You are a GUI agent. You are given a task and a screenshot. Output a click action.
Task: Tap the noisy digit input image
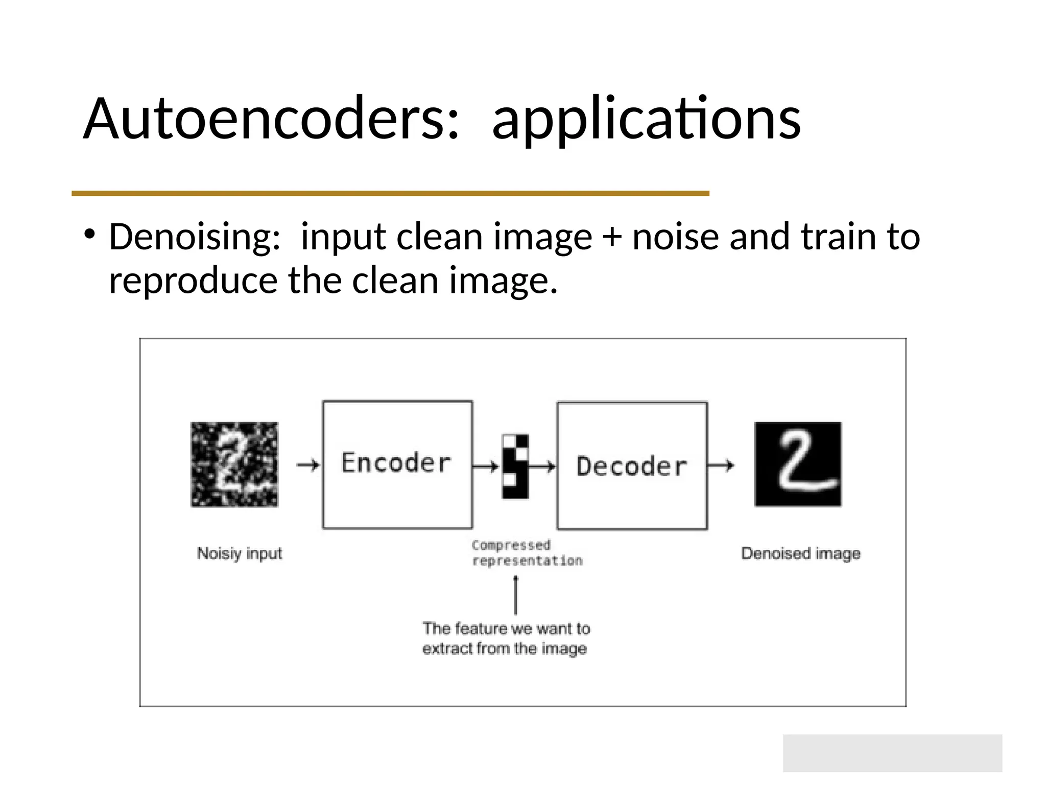pyautogui.click(x=234, y=464)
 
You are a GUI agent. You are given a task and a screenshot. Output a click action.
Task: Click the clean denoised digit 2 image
pyautogui.click(x=798, y=464)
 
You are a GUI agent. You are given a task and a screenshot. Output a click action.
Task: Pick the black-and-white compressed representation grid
pyautogui.click(x=515, y=466)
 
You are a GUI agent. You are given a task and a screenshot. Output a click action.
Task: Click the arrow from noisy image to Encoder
pyautogui.click(x=308, y=465)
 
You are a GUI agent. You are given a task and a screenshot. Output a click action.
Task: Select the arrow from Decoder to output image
pyautogui.click(x=721, y=465)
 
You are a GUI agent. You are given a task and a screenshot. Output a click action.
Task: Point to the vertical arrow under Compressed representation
pyautogui.click(x=516, y=595)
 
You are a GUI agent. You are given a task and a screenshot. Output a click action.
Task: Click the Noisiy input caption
pyautogui.click(x=240, y=553)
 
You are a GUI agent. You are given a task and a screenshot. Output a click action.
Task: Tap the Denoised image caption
pyautogui.click(x=800, y=553)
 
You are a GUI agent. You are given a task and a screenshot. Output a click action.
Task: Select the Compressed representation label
pyautogui.click(x=526, y=553)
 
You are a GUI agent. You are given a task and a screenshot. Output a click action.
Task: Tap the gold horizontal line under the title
pyautogui.click(x=390, y=193)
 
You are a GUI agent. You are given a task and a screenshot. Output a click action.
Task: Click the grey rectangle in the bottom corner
pyautogui.click(x=892, y=753)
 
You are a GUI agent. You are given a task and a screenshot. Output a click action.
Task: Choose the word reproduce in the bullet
pyautogui.click(x=193, y=281)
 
